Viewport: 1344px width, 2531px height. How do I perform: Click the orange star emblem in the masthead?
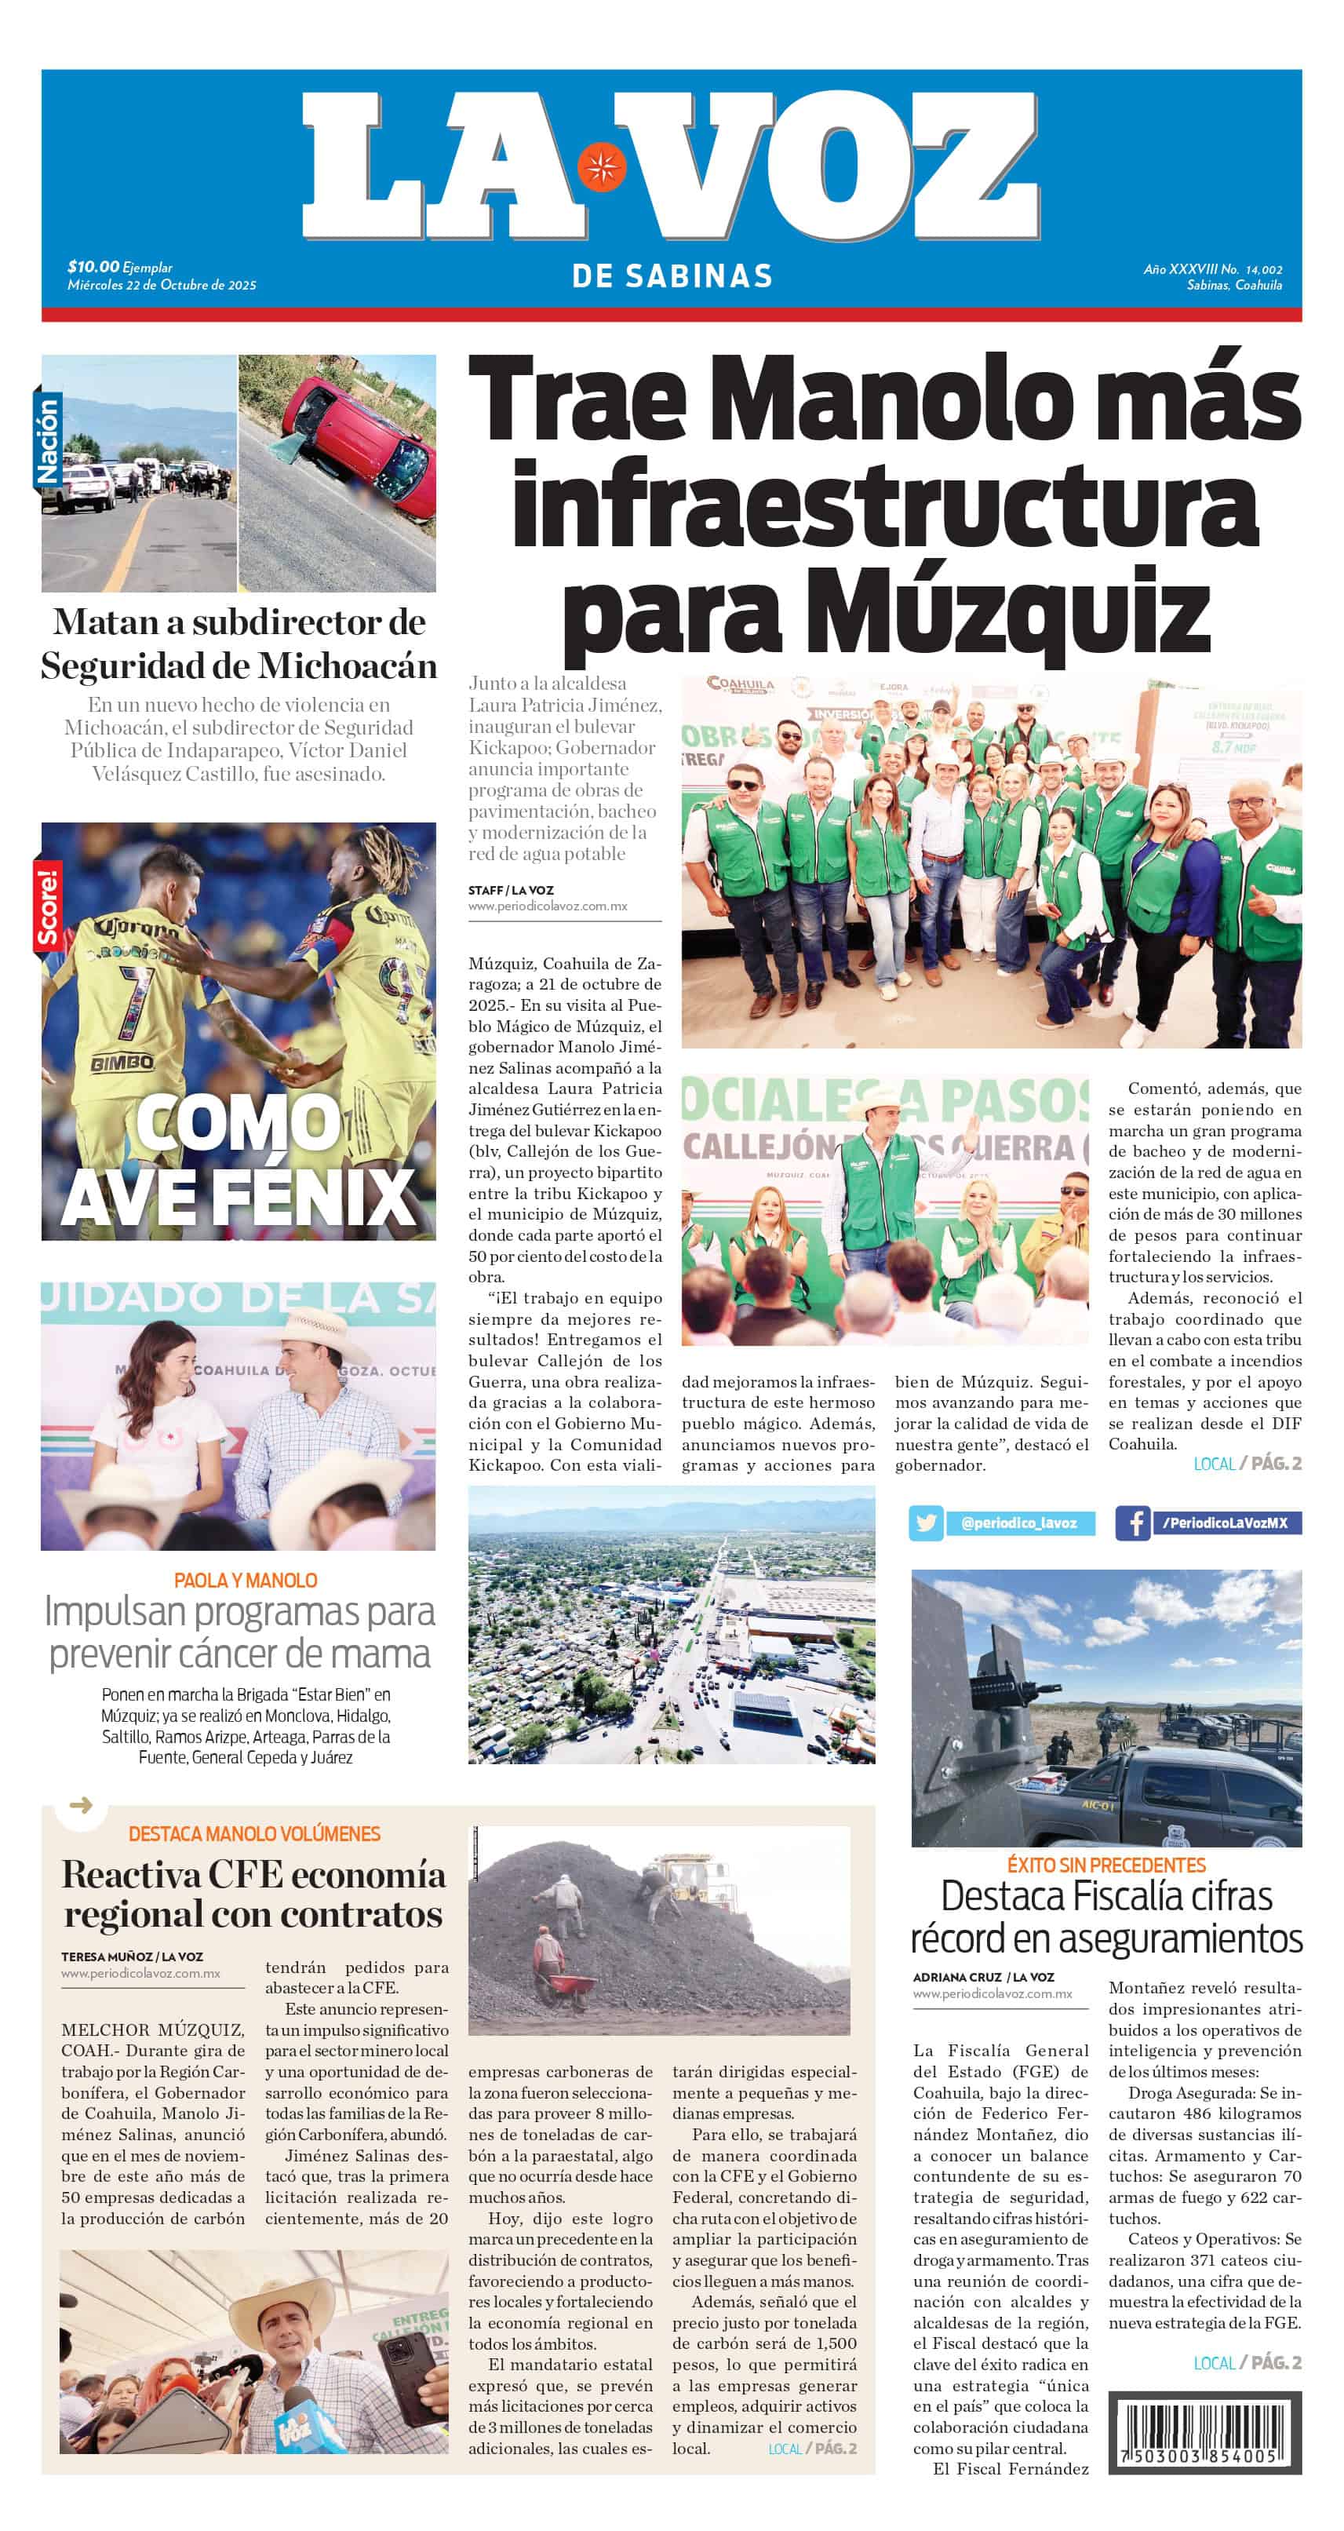pyautogui.click(x=600, y=167)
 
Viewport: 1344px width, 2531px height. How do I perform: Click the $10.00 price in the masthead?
pyautogui.click(x=93, y=266)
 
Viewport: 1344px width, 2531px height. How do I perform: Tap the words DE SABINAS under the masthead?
pyautogui.click(x=672, y=276)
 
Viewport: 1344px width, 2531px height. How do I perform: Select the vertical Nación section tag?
pyautogui.click(x=48, y=440)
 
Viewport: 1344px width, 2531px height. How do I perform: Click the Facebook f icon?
pyautogui.click(x=1133, y=1523)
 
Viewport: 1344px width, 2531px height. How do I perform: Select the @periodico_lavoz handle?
pyautogui.click(x=1019, y=1524)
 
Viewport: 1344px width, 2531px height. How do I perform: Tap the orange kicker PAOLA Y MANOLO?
pyautogui.click(x=246, y=1580)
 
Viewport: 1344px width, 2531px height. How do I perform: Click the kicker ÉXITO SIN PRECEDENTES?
pyautogui.click(x=1106, y=1864)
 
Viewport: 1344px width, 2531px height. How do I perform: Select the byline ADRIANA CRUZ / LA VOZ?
pyautogui.click(x=982, y=1976)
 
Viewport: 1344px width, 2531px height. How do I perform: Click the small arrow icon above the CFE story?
pyautogui.click(x=82, y=1804)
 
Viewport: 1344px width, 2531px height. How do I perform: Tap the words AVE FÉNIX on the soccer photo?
pyautogui.click(x=239, y=1196)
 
